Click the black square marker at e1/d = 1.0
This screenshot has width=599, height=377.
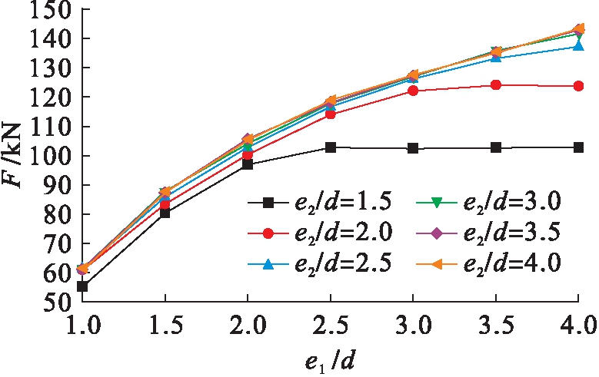pyautogui.click(x=82, y=286)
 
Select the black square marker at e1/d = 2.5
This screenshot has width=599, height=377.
pyautogui.click(x=331, y=147)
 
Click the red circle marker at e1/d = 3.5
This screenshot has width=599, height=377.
pyautogui.click(x=496, y=84)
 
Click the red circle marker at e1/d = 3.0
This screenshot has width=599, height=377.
pyautogui.click(x=413, y=91)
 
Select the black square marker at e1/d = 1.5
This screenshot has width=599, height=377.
pyautogui.click(x=165, y=213)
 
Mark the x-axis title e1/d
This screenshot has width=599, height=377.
pyautogui.click(x=330, y=362)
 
